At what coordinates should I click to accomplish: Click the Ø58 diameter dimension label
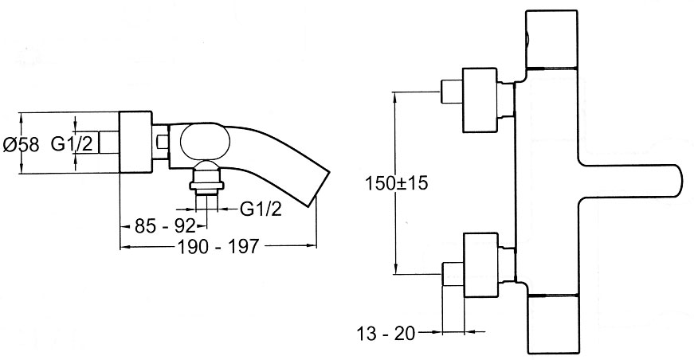pyautogui.click(x=21, y=145)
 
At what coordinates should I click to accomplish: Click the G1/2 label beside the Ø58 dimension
pyautogui.click(x=73, y=143)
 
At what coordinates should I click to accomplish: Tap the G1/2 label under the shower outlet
pyautogui.click(x=261, y=209)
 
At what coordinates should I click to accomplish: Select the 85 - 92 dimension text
pyautogui.click(x=165, y=226)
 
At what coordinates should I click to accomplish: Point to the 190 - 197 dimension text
pyautogui.click(x=218, y=246)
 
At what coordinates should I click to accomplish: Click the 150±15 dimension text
pyautogui.click(x=397, y=182)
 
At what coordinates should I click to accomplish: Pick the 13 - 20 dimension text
pyautogui.click(x=386, y=334)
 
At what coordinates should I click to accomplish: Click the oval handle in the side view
pyautogui.click(x=206, y=142)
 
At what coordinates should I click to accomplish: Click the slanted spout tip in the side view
pyautogui.click(x=320, y=188)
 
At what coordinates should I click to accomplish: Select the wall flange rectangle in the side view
pyautogui.click(x=136, y=142)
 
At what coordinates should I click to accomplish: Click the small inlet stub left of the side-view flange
pyautogui.click(x=109, y=142)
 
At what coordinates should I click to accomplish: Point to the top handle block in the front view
pyautogui.click(x=551, y=39)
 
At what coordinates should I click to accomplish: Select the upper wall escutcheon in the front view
pyautogui.click(x=480, y=100)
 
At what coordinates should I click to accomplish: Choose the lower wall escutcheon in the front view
pyautogui.click(x=480, y=265)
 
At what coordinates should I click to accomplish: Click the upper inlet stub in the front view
pyautogui.click(x=452, y=92)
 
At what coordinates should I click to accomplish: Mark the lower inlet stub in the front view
pyautogui.click(x=453, y=274)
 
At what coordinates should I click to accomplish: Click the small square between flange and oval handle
pyautogui.click(x=163, y=143)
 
